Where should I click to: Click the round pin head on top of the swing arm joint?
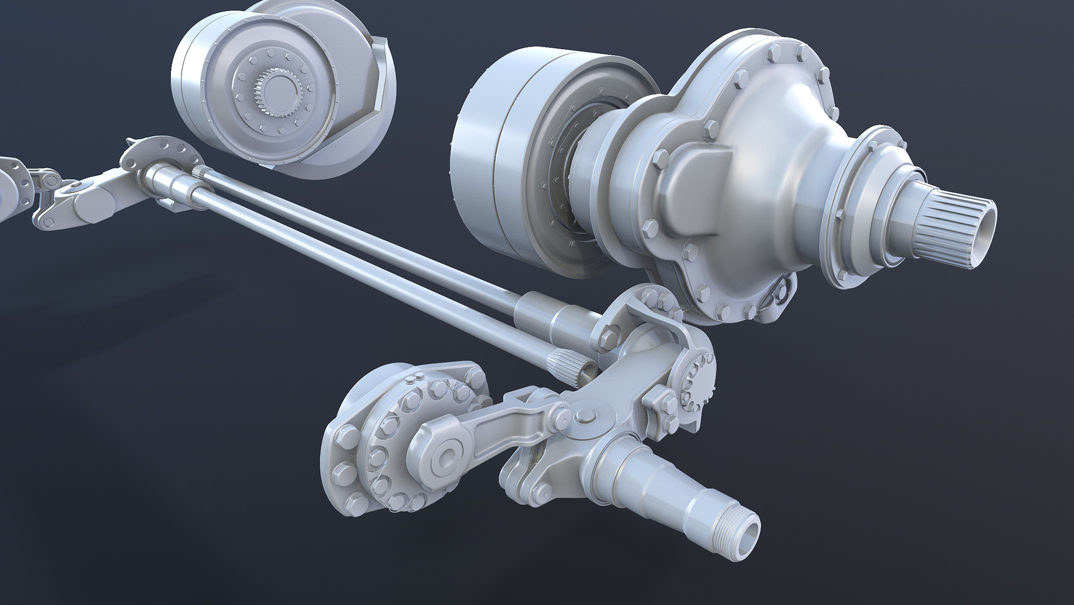[x=585, y=415]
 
